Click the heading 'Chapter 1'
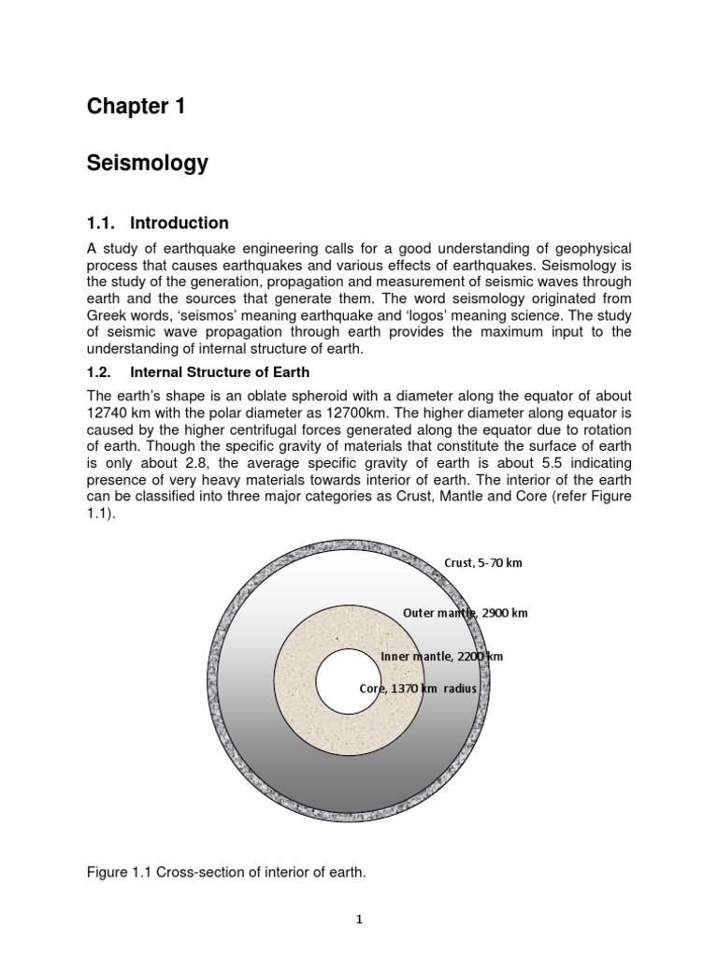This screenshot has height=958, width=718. [x=136, y=107]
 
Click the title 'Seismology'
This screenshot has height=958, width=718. [x=147, y=164]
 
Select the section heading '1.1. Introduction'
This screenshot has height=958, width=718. [x=157, y=223]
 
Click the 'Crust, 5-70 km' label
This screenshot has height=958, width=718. [x=482, y=563]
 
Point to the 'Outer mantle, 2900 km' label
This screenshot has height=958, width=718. [x=465, y=613]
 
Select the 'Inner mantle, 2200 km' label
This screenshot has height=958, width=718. [x=442, y=657]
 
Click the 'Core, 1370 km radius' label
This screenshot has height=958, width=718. [x=418, y=689]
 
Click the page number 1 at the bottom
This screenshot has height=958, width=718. [x=359, y=920]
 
